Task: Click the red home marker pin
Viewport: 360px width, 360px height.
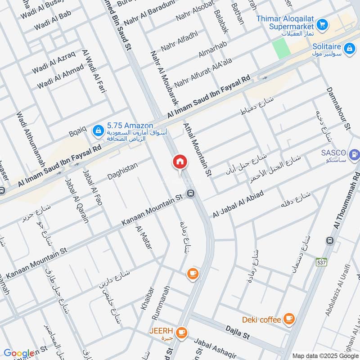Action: (x=180, y=162)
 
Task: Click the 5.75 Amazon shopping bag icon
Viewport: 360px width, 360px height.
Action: (x=97, y=131)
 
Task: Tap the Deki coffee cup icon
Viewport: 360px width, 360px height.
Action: (x=288, y=319)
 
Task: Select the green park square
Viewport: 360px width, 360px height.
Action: (x=279, y=48)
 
